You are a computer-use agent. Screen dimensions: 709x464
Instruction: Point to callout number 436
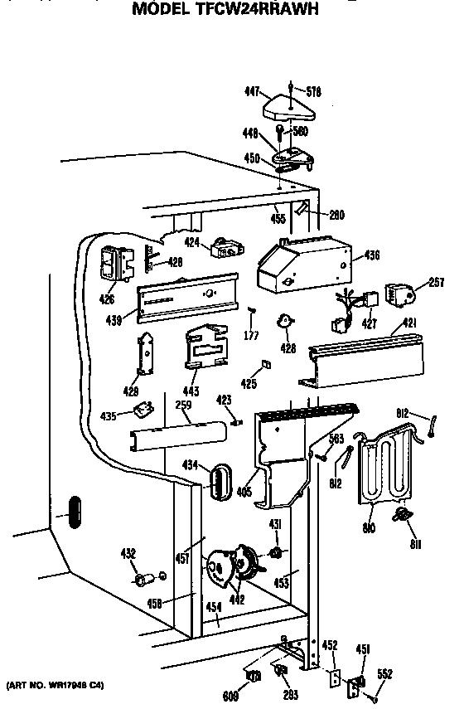371,256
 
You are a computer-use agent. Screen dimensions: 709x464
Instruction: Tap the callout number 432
128,554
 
